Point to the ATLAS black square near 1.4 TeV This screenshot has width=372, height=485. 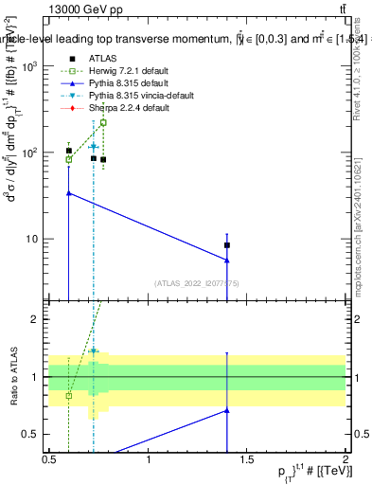[x=227, y=245]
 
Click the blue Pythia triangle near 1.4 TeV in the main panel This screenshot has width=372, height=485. [x=227, y=260]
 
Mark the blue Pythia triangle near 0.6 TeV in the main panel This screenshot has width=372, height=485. [x=68, y=192]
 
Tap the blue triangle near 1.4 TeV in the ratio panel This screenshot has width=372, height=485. [x=227, y=410]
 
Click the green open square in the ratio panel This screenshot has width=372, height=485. [x=68, y=395]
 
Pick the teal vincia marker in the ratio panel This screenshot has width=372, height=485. [x=93, y=351]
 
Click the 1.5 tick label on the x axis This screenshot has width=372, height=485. [x=247, y=460]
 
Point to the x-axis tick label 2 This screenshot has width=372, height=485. [x=346, y=460]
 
